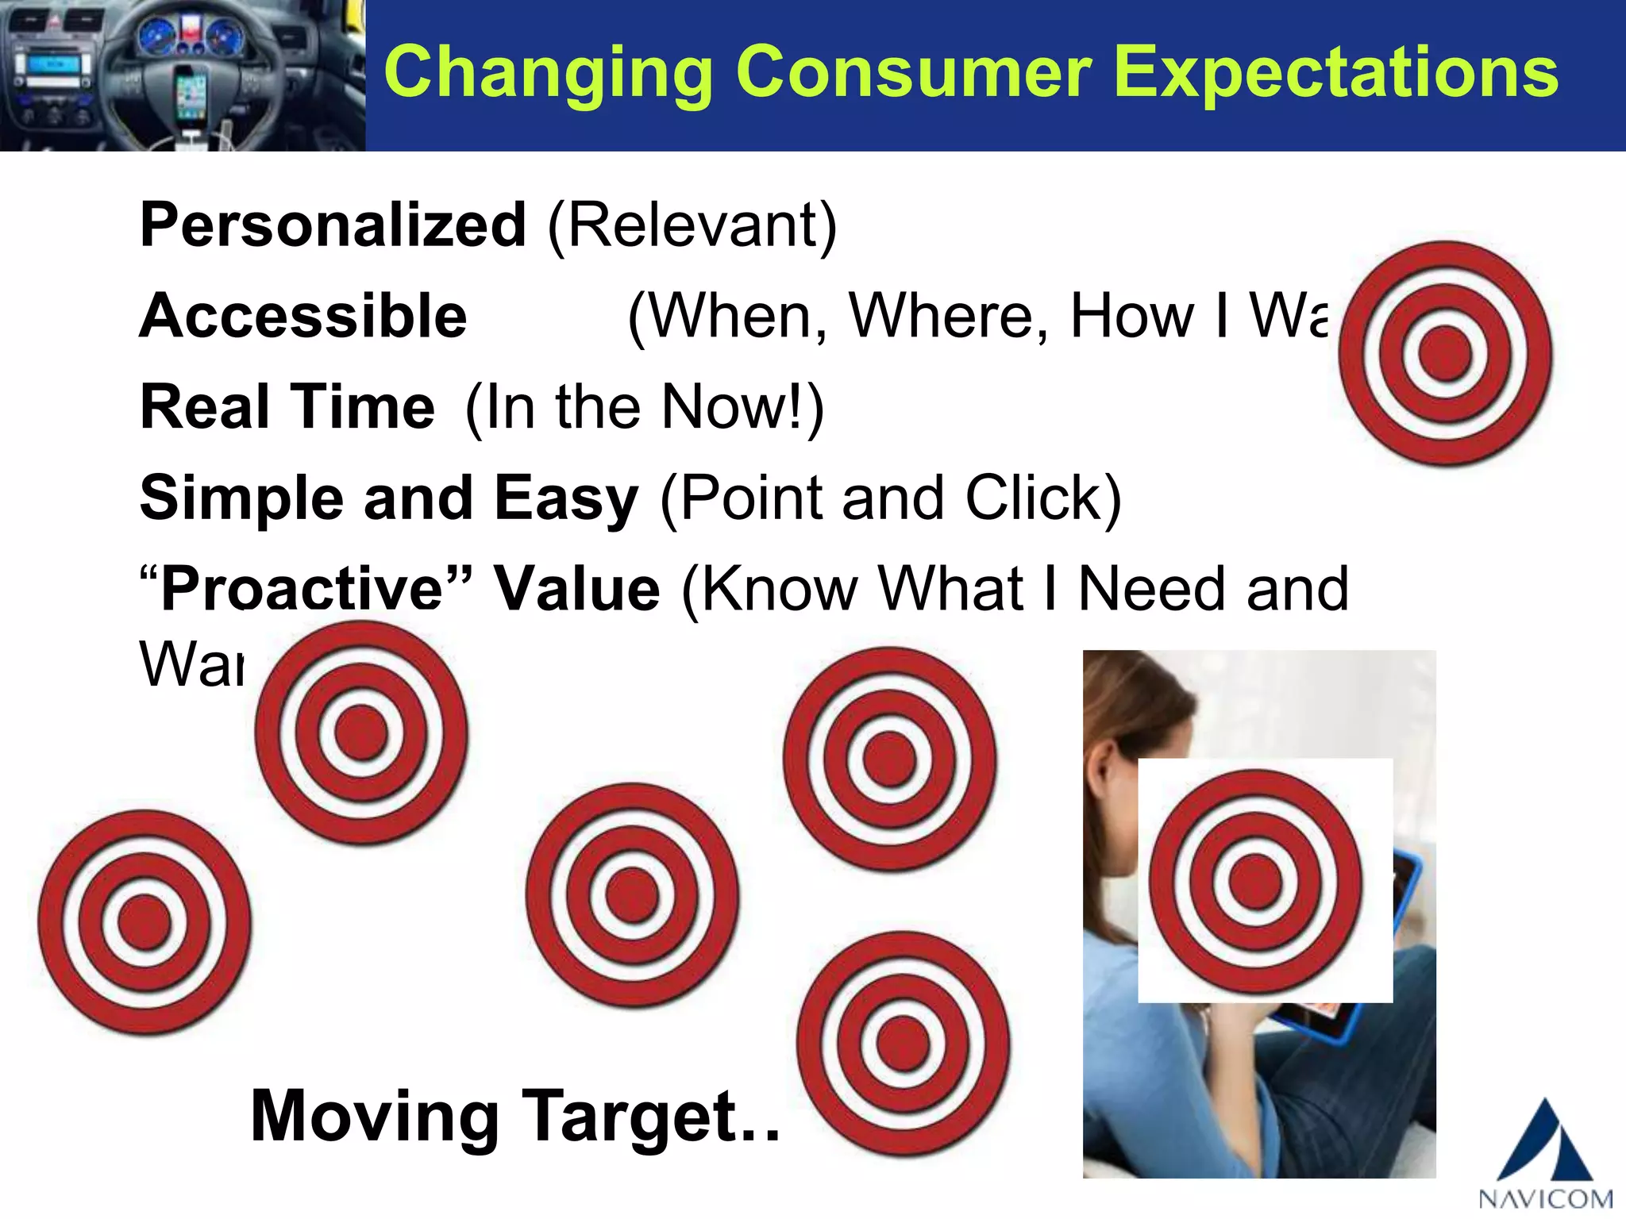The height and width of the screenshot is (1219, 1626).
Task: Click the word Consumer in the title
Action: tap(913, 73)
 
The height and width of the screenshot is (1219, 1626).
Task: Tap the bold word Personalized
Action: tap(333, 225)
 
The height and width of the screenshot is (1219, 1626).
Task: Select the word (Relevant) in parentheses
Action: tap(692, 225)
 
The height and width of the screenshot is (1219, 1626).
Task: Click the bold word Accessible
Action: tap(303, 316)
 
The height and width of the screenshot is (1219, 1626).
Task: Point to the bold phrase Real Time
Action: tap(287, 407)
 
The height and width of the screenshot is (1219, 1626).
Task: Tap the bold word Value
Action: tap(576, 590)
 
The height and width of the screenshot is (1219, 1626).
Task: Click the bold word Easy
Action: tap(566, 498)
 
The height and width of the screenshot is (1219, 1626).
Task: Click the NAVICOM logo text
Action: tap(1545, 1198)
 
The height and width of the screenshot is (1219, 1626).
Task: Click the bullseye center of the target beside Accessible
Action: tap(1445, 353)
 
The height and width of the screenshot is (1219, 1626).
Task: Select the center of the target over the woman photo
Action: tap(1255, 882)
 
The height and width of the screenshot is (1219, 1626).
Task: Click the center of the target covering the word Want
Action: tap(361, 733)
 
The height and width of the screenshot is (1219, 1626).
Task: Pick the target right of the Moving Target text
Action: tap(904, 1043)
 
